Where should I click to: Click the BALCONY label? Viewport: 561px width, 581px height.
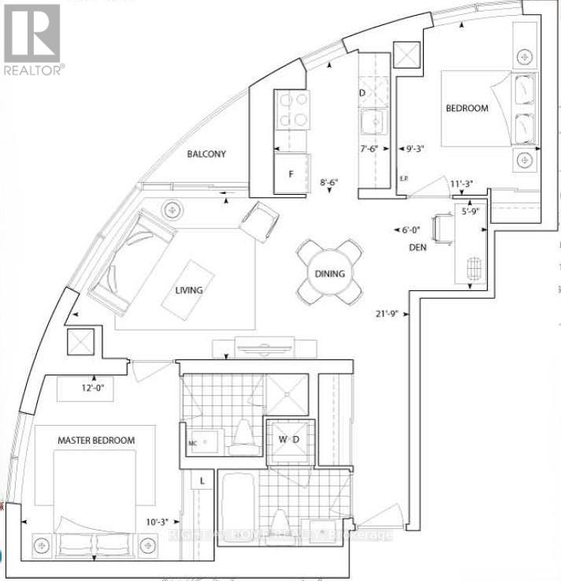[x=207, y=155]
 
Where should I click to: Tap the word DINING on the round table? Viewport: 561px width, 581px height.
[x=331, y=274]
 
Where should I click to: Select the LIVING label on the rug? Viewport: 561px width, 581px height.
[x=189, y=290]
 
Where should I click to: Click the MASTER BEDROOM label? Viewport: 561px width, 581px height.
[x=95, y=440]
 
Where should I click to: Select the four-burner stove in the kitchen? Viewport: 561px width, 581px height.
[x=292, y=111]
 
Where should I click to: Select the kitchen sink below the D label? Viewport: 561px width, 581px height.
[x=370, y=123]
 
